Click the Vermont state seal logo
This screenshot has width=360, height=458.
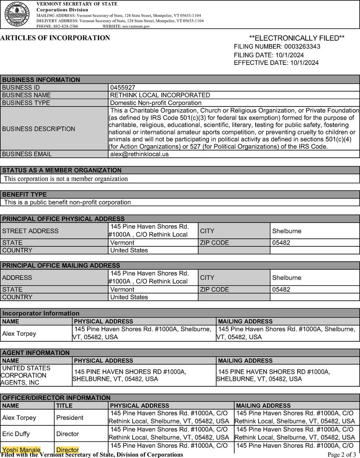click(x=17, y=14)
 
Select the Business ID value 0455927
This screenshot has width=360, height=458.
click(x=123, y=87)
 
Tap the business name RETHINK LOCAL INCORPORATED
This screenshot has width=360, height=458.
click(x=160, y=95)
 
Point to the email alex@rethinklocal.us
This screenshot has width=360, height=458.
click(x=139, y=154)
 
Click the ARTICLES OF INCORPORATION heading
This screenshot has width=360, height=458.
click(x=55, y=38)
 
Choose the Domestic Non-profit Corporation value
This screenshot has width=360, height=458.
click(x=156, y=103)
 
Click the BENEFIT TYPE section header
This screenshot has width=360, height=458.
click(x=25, y=195)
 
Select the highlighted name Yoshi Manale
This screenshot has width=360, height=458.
click(x=21, y=450)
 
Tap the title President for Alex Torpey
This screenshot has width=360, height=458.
click(x=70, y=418)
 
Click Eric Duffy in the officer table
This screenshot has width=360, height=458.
click(x=17, y=434)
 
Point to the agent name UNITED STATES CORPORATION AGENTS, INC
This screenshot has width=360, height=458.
click(x=25, y=375)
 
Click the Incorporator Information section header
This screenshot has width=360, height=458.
click(x=41, y=313)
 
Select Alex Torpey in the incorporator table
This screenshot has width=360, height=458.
click(x=19, y=333)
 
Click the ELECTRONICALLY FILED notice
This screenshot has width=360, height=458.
click(x=297, y=38)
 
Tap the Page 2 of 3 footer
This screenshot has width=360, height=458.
click(x=342, y=455)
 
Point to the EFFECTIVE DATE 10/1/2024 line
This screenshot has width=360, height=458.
click(x=276, y=63)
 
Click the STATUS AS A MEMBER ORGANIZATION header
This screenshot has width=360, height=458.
click(x=62, y=170)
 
